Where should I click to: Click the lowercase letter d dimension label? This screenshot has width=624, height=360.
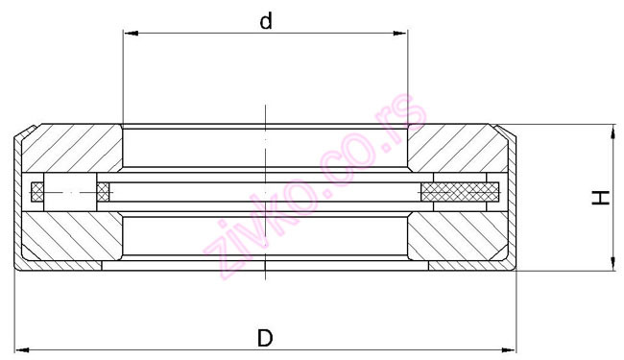point(267,21)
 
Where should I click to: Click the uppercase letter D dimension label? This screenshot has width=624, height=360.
point(265,338)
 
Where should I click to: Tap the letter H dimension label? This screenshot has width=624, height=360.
point(600,199)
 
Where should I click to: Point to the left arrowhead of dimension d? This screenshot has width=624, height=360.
point(129,35)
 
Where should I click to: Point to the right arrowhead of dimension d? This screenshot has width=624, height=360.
point(402,35)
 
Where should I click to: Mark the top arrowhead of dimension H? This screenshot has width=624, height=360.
point(612,131)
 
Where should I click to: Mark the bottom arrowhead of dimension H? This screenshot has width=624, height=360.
point(612,267)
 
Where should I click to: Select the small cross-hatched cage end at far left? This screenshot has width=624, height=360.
point(38,192)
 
